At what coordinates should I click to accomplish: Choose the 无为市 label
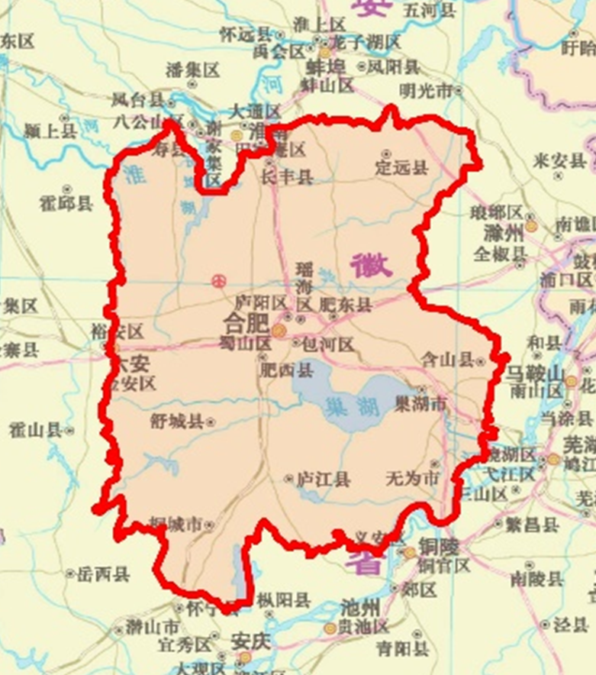click(413, 479)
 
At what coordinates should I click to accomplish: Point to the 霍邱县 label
click(66, 202)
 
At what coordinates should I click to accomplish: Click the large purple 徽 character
click(371, 265)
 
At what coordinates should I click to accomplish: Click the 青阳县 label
click(402, 649)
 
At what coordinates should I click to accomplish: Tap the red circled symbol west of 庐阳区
click(218, 282)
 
